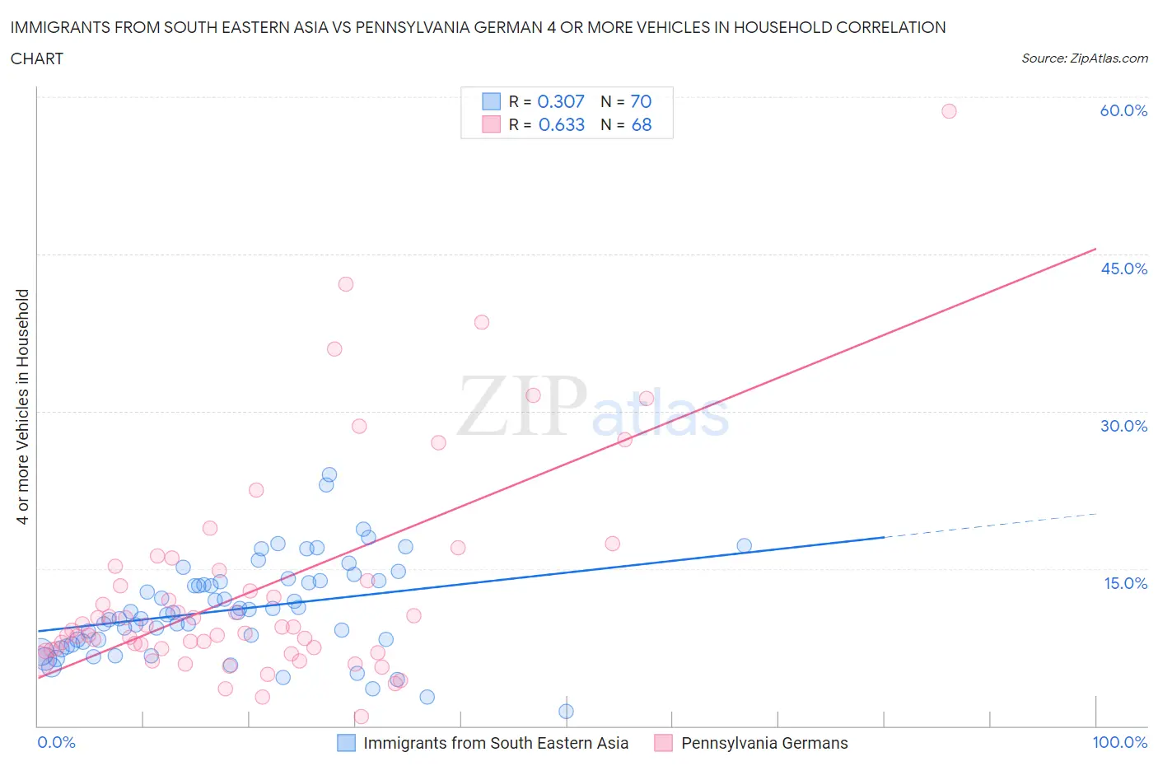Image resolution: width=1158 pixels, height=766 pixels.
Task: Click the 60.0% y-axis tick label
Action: click(x=1123, y=110)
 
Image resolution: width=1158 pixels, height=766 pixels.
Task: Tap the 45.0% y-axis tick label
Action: click(x=1123, y=269)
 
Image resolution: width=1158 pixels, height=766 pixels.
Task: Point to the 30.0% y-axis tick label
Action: click(x=1123, y=426)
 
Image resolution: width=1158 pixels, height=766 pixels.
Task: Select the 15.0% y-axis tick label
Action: click(x=1125, y=583)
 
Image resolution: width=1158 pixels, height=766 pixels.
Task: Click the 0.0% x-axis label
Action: click(x=56, y=742)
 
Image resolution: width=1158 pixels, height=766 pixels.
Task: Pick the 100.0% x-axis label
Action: click(x=1119, y=742)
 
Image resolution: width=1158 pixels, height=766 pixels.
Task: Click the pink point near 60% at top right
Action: click(x=949, y=111)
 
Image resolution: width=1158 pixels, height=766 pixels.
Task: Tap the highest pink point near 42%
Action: click(x=346, y=284)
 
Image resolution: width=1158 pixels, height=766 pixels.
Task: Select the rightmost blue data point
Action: click(x=744, y=545)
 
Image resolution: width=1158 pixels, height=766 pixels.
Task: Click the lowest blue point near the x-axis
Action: click(x=566, y=712)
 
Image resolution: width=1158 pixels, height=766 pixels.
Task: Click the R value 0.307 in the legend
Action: click(x=561, y=101)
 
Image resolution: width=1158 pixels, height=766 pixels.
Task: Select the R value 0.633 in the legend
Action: click(x=561, y=124)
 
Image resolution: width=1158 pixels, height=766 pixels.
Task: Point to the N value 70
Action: click(x=641, y=101)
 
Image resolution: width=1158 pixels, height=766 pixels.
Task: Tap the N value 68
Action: click(x=641, y=124)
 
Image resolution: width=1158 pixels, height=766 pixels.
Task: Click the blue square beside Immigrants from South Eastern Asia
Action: click(x=347, y=743)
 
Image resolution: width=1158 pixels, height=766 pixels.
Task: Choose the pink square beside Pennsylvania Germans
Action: click(x=663, y=743)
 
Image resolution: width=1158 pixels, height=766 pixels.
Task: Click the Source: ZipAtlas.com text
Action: click(x=1084, y=58)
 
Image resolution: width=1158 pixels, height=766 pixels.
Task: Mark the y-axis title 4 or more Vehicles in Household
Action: click(x=23, y=407)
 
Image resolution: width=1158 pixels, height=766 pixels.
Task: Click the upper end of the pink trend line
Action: click(x=1095, y=249)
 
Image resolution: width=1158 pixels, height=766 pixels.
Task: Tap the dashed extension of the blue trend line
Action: click(x=988, y=525)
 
